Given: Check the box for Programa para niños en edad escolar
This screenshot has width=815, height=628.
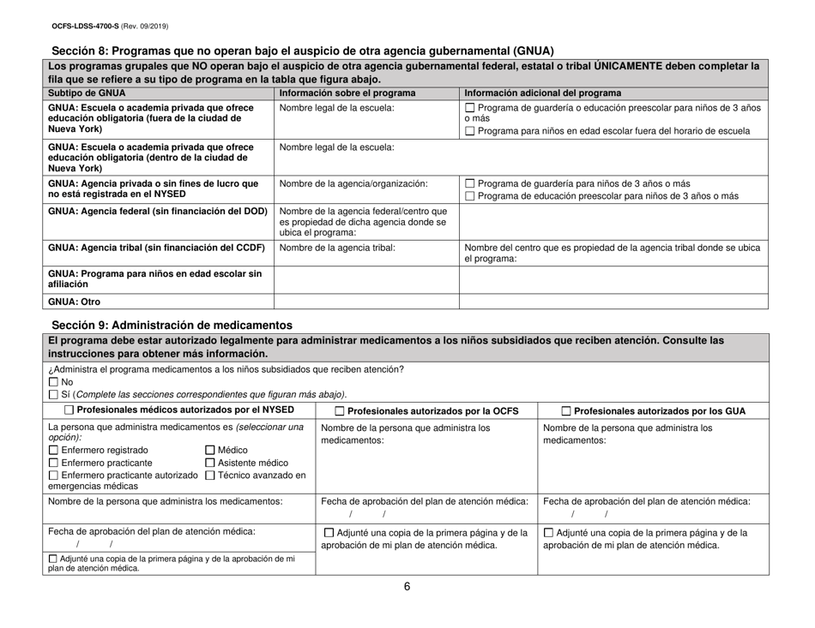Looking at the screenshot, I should (x=469, y=130).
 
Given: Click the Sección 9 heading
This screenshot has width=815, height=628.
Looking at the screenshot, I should (x=172, y=325).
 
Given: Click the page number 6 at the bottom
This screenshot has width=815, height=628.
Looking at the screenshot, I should (x=407, y=612).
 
